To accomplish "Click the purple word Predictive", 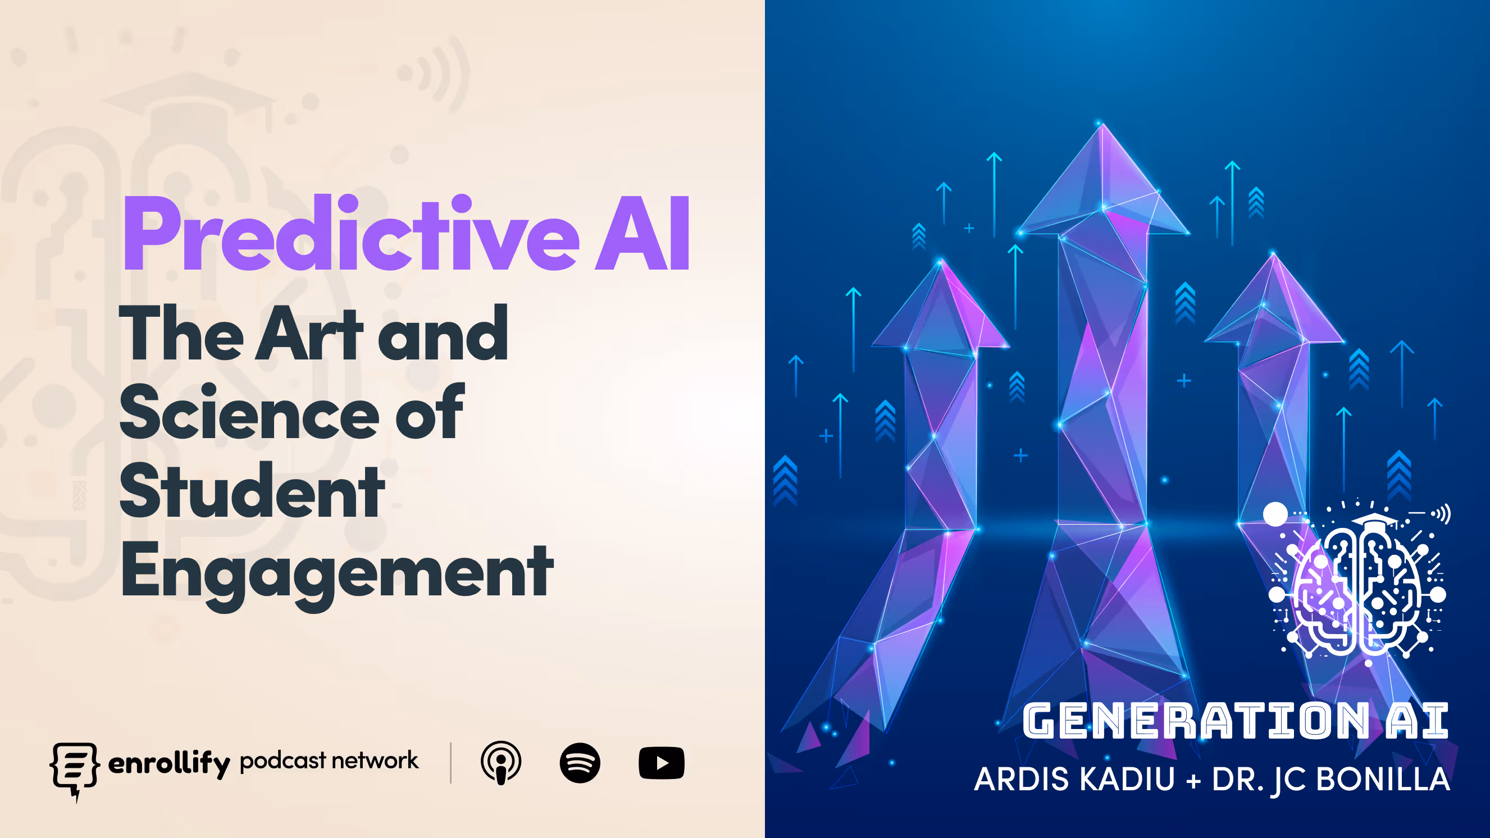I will [350, 234].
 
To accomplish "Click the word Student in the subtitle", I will [252, 491].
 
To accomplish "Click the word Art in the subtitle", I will [309, 334].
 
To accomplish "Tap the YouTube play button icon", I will [661, 763].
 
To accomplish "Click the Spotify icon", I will [580, 763].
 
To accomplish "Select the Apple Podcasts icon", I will [501, 763].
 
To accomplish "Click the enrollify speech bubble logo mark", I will [74, 768].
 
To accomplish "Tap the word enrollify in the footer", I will [169, 764].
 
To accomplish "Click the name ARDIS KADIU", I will [1075, 780].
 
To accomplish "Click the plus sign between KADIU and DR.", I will [1193, 781].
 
